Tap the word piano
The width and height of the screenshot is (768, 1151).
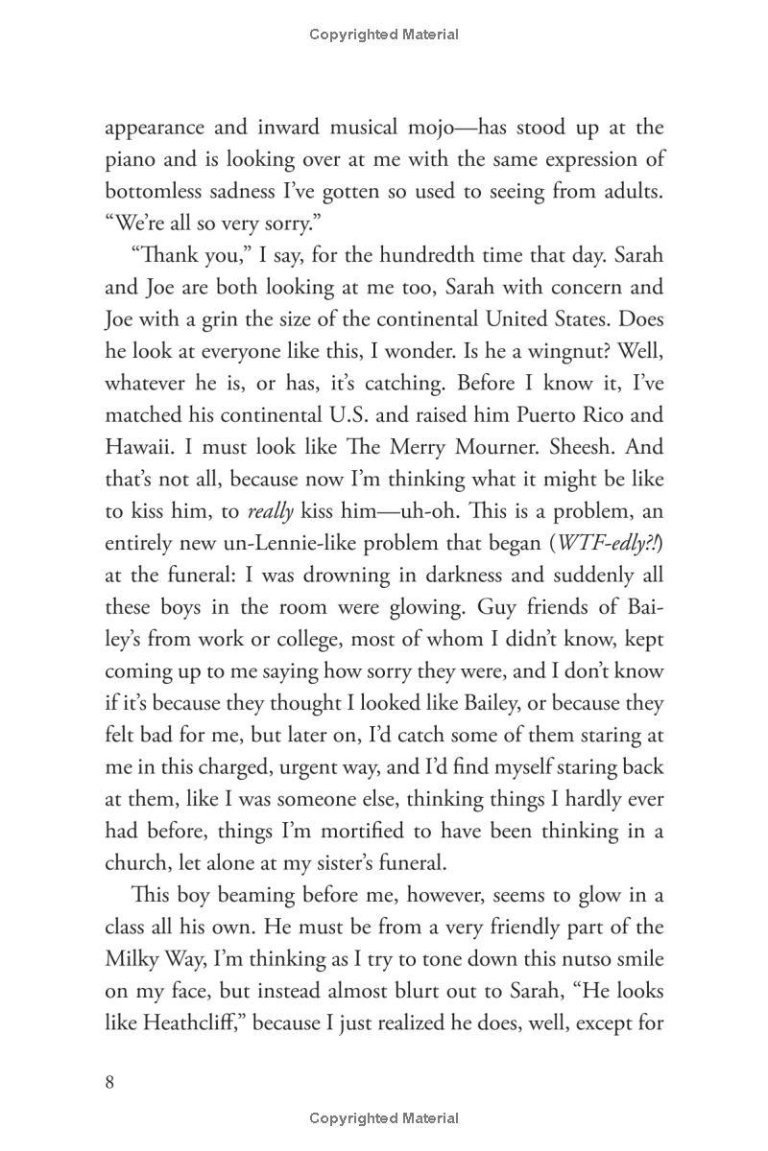131,159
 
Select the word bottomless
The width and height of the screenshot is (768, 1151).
154,191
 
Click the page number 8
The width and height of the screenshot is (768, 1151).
110,1083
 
